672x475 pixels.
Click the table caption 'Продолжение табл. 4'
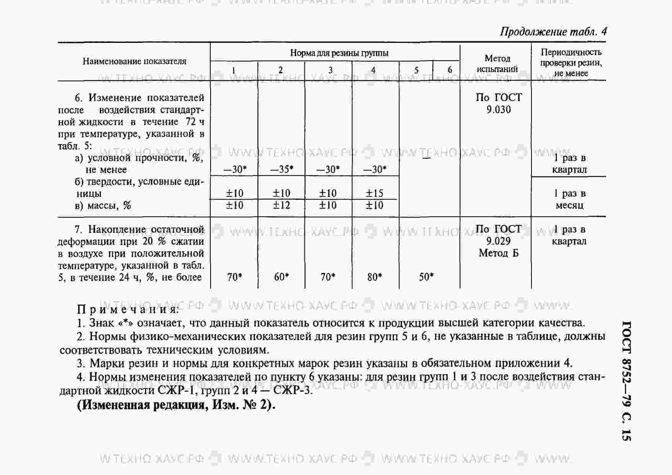click(553, 31)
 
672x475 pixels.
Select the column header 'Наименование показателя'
click(134, 61)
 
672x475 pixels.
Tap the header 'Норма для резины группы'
click(339, 53)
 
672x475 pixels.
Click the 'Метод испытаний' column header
click(497, 64)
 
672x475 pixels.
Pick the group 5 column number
click(416, 70)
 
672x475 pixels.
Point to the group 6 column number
click(450, 70)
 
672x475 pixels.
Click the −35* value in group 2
click(282, 169)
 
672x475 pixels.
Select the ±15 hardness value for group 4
click(374, 193)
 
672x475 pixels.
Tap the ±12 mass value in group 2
click(281, 205)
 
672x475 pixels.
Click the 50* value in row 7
click(426, 277)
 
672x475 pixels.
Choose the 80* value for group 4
click(374, 277)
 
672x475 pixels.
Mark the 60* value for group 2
click(281, 277)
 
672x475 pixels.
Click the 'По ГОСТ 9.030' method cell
click(499, 103)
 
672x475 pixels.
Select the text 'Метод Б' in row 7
click(499, 253)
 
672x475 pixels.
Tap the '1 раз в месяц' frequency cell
click(570, 199)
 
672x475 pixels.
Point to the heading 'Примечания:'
click(128, 309)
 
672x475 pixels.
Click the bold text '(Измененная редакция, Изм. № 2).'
click(176, 405)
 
